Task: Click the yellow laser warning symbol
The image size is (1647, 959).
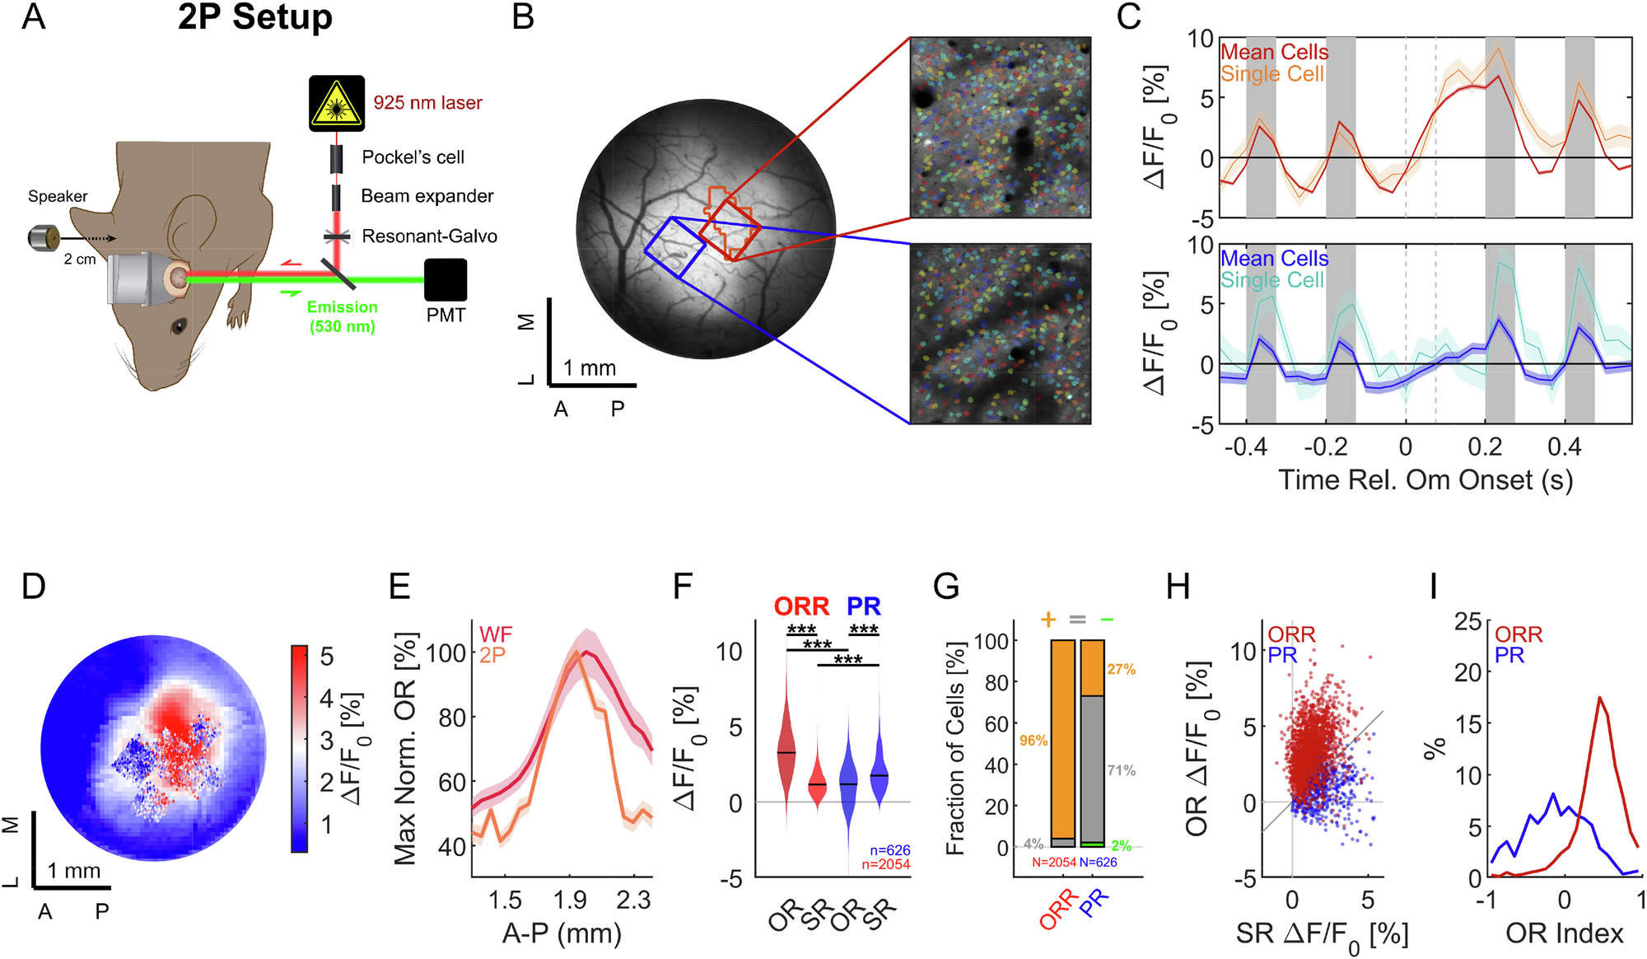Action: coord(336,104)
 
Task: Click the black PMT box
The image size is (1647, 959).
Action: coord(446,280)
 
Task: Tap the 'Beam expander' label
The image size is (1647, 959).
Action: coord(427,196)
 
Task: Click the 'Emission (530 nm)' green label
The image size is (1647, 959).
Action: coord(343,316)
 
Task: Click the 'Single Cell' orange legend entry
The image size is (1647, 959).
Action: coord(1272,74)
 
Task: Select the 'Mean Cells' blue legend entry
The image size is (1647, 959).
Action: coord(1274,259)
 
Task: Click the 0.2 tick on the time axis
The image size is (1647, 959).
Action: coord(1485,447)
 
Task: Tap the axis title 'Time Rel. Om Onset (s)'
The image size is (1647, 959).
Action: coord(1425,479)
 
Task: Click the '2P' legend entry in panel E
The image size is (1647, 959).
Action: coord(492,655)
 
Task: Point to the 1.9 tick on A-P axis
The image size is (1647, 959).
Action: coord(570,900)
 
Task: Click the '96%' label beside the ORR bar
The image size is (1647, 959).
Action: coord(1033,741)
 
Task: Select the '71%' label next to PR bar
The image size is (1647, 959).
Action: coord(1121,770)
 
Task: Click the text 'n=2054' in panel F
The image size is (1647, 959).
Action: coord(885,864)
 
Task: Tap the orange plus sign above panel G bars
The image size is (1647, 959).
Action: coord(1047,619)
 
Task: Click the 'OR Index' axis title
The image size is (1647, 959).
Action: coord(1564,933)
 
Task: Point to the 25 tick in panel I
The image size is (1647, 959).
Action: coord(1467,621)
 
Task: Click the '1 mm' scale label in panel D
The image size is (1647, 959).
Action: coord(73,871)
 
